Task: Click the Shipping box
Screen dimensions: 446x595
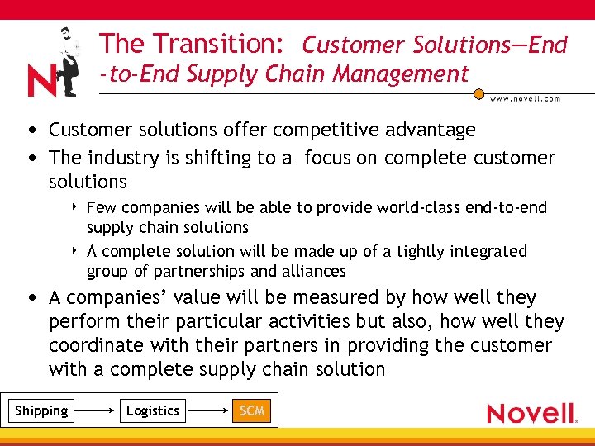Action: tap(41, 410)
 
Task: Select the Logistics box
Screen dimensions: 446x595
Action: tap(153, 410)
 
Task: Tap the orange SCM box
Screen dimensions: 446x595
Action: tap(251, 410)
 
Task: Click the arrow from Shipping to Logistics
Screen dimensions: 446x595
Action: tap(97, 410)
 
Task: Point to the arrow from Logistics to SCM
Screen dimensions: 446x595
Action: tap(207, 410)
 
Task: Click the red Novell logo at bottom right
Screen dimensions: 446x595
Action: tap(531, 413)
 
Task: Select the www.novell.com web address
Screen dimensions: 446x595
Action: tap(525, 98)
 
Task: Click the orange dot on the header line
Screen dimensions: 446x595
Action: tap(478, 93)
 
